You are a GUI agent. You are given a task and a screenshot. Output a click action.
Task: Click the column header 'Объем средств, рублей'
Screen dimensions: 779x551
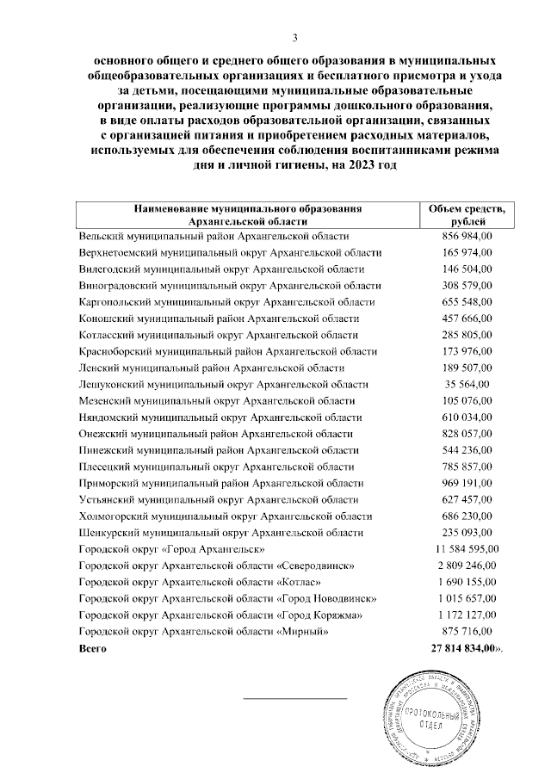(x=466, y=215)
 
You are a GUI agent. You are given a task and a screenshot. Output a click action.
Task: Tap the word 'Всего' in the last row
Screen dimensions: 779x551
(x=94, y=647)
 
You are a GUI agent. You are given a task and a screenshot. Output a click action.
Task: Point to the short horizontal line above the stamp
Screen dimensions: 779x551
(x=294, y=698)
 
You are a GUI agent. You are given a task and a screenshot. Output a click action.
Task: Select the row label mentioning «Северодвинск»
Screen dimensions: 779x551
(x=215, y=566)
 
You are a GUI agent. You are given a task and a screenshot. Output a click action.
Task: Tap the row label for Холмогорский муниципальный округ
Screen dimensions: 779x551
(x=225, y=516)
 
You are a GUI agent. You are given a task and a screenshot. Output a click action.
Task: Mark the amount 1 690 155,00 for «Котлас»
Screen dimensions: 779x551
(x=465, y=582)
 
